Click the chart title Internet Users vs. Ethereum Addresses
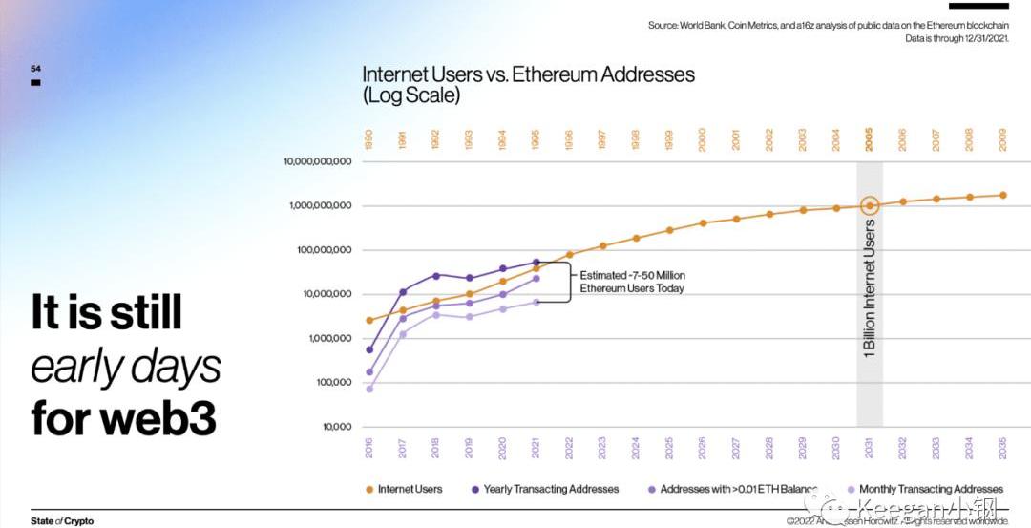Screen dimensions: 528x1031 (528, 74)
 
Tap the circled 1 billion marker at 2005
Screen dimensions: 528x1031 (869, 205)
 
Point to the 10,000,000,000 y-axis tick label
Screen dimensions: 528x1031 (318, 161)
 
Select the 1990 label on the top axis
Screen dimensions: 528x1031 (369, 139)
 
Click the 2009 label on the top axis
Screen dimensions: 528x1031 (1002, 139)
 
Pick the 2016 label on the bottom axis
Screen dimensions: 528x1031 (369, 448)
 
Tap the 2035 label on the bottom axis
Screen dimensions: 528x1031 (1002, 448)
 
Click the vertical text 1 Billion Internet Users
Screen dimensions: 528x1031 (870, 288)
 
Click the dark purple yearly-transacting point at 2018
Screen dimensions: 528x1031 (436, 275)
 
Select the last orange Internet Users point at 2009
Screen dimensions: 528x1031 (1002, 195)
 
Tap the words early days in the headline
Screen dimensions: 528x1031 (126, 366)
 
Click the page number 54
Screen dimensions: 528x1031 (35, 69)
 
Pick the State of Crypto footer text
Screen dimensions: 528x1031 (62, 521)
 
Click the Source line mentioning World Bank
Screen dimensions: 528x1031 (828, 25)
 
